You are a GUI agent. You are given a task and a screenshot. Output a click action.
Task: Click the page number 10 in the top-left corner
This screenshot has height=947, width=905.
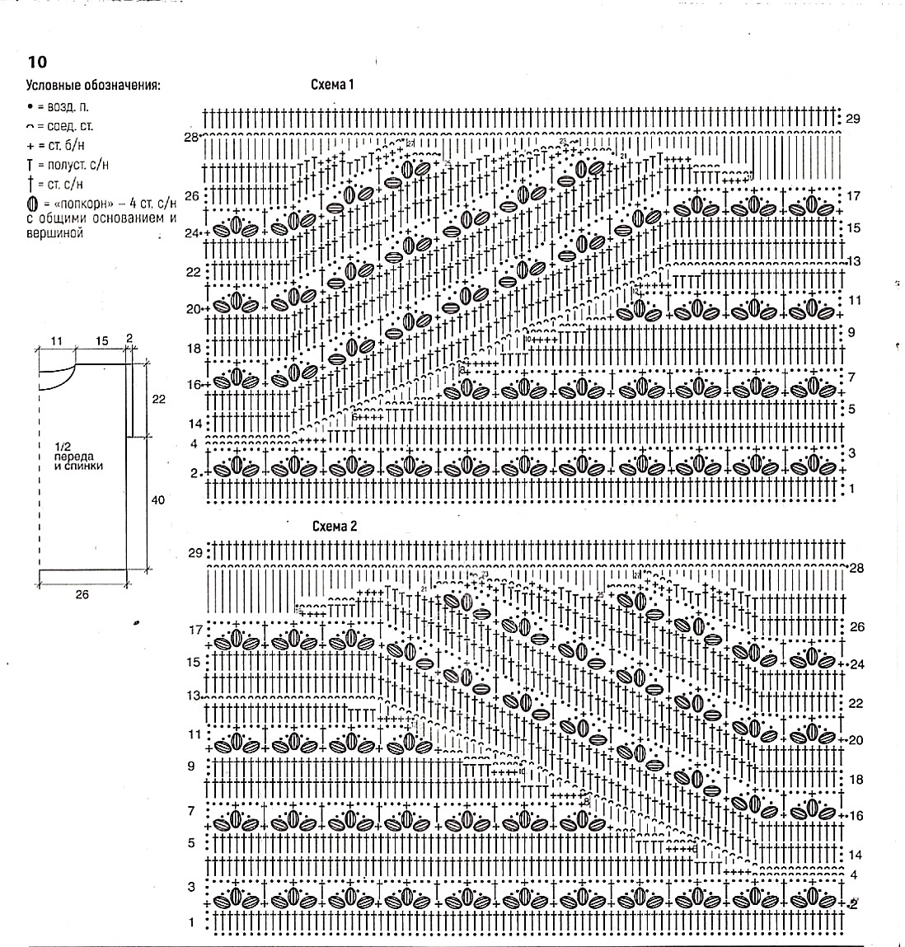coord(37,62)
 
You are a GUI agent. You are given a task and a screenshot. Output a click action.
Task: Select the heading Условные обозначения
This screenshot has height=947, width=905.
coord(93,85)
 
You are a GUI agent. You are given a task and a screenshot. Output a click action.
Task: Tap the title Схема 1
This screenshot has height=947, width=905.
coord(332,85)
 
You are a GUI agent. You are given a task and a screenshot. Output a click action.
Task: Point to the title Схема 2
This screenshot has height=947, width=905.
coord(333,526)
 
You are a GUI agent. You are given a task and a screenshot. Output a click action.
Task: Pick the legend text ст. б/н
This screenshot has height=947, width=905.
coord(65,146)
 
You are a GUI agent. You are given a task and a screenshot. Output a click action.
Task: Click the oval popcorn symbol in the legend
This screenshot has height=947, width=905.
coord(31,204)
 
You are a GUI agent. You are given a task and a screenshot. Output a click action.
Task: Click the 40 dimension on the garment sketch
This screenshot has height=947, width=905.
coord(158,500)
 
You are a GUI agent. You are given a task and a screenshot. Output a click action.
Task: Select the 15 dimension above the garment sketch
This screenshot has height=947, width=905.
coord(101,340)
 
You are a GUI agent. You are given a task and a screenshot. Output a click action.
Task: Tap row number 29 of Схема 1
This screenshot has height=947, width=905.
coord(853,119)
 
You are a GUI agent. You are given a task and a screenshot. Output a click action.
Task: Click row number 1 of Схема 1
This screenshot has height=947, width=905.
coord(852,489)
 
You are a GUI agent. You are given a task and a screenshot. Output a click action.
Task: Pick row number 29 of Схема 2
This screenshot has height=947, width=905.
coord(195,553)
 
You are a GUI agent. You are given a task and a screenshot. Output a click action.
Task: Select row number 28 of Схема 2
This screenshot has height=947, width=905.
coord(856,569)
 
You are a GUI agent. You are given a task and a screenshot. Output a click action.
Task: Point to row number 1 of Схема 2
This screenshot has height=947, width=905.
coord(192,922)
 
